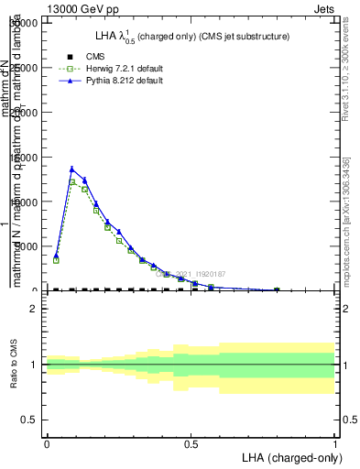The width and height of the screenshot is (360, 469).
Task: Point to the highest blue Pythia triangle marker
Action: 72,169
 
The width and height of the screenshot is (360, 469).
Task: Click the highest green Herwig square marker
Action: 72,181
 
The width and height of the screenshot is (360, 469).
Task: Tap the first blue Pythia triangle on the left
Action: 56,256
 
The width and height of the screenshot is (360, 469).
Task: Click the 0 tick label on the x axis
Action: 47,443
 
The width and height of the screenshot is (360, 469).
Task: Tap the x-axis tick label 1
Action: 335,443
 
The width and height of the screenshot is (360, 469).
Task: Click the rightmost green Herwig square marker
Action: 277,289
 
